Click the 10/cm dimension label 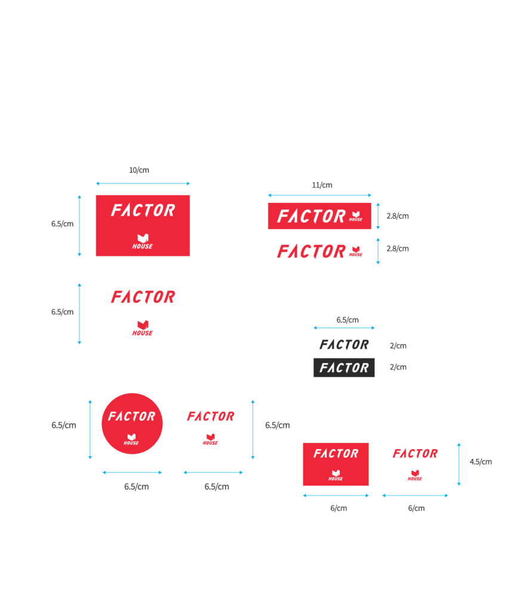point(139,170)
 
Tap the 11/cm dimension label point(322,185)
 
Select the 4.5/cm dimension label point(481,462)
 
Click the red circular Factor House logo point(132,423)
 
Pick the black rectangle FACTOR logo point(344,367)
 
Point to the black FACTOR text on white point(344,344)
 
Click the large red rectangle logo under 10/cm point(143,226)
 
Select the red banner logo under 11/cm point(320,216)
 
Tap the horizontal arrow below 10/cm point(143,183)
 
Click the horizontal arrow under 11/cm point(320,195)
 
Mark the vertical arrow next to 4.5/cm point(459,464)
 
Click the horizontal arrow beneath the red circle point(132,472)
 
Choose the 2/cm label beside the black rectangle point(398,367)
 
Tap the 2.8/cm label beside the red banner point(398,216)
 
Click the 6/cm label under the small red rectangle point(338,508)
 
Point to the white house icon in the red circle point(131,436)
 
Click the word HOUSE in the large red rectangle point(142,247)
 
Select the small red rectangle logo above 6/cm point(335,464)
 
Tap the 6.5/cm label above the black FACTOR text point(347,320)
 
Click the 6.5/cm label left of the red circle point(64,425)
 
